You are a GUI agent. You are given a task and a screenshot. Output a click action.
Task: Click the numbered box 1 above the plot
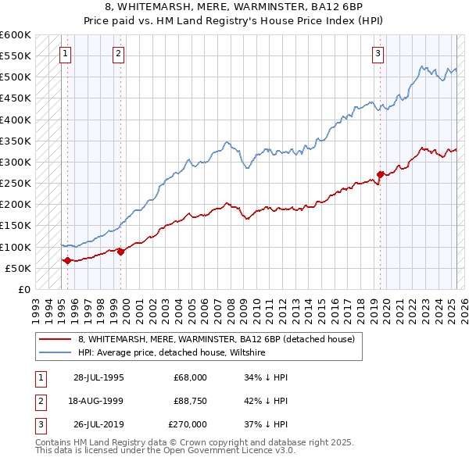65,54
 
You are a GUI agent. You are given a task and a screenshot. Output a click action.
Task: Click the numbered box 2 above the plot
118,54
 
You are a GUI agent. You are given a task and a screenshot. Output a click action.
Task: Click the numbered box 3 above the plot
378,54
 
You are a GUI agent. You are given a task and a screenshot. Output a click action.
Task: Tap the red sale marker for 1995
67,260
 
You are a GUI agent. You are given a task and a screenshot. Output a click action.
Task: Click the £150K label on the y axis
16,226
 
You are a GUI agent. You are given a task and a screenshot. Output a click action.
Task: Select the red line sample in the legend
55,339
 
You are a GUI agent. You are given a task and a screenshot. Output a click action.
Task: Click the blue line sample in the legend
55,352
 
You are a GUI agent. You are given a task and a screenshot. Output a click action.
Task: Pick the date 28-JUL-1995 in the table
98,377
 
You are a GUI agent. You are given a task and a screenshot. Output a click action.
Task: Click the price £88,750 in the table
190,401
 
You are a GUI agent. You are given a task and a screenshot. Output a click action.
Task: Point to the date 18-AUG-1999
98,401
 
